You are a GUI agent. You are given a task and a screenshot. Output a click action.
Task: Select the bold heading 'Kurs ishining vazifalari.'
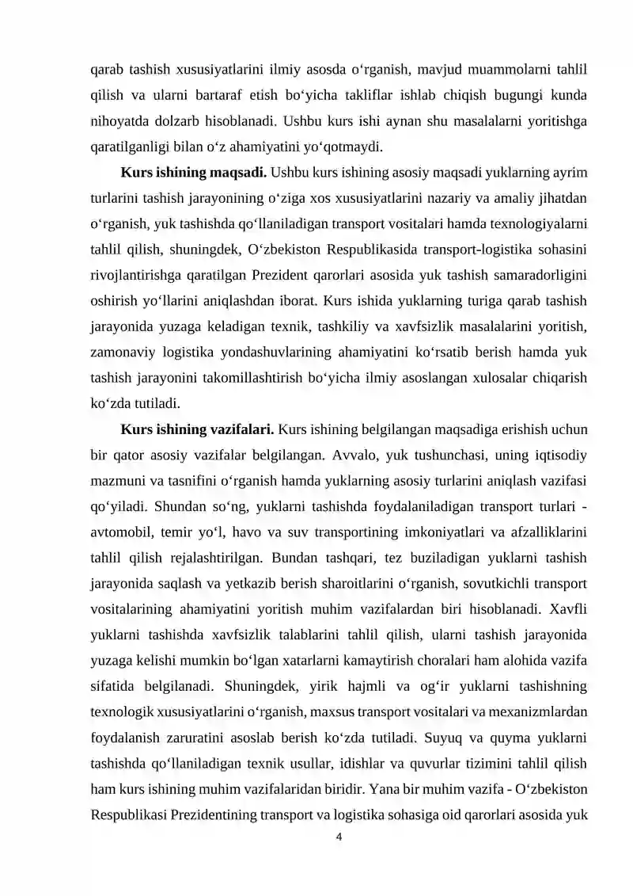(x=197, y=429)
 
